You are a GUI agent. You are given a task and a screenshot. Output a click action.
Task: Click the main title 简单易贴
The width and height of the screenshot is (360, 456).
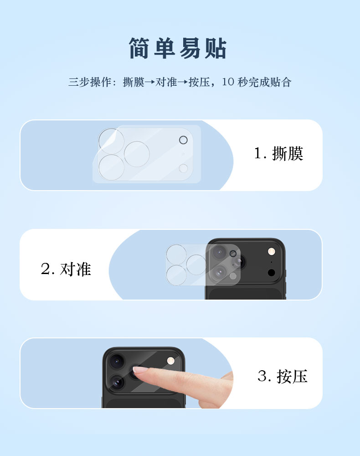click(x=178, y=48)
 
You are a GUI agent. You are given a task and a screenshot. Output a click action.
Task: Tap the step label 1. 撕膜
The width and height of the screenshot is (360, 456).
click(x=278, y=153)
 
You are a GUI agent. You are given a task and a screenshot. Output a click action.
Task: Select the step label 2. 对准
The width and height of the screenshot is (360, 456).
click(x=66, y=269)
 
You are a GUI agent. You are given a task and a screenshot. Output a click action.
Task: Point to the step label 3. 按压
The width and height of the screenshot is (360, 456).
click(x=283, y=376)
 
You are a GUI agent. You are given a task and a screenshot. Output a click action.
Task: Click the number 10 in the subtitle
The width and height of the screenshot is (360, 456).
click(x=228, y=82)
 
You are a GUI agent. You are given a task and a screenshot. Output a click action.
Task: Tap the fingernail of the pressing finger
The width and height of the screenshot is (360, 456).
click(x=140, y=370)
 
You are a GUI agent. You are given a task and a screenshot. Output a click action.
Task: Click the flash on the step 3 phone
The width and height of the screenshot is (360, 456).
click(x=171, y=361)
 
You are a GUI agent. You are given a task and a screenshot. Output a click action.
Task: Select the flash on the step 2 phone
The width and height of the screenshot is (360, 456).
click(x=272, y=252)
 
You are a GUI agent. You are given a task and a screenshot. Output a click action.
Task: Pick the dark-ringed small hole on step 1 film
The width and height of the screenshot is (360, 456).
click(x=183, y=140)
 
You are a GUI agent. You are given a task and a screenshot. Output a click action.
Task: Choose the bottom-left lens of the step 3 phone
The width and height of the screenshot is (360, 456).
click(x=117, y=382)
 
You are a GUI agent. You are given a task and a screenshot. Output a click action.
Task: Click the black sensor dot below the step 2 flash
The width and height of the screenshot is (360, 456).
click(x=272, y=273)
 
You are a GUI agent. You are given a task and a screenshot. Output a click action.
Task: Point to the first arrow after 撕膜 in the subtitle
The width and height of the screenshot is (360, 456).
click(x=149, y=82)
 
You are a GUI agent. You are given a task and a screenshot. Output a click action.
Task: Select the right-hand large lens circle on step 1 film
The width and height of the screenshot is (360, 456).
click(x=137, y=154)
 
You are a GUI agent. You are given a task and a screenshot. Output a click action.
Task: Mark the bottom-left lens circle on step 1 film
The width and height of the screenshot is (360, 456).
click(x=111, y=167)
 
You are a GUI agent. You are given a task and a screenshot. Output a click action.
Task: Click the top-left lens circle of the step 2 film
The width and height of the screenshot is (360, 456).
click(x=176, y=254)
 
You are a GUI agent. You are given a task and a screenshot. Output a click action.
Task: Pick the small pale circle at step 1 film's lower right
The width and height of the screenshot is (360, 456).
click(x=183, y=168)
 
